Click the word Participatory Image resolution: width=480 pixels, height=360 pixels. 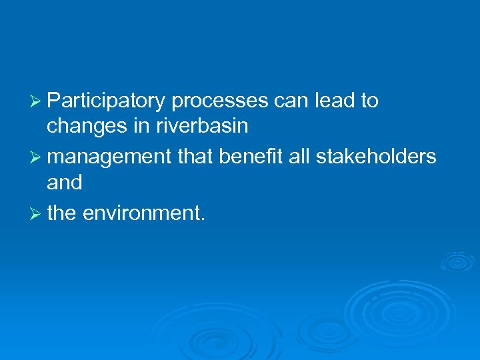point(107,101)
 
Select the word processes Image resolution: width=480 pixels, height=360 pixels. point(220,101)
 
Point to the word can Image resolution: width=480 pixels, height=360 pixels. point(290,101)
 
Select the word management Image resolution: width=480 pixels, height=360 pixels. point(109,156)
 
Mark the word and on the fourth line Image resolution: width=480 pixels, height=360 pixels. point(65,183)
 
